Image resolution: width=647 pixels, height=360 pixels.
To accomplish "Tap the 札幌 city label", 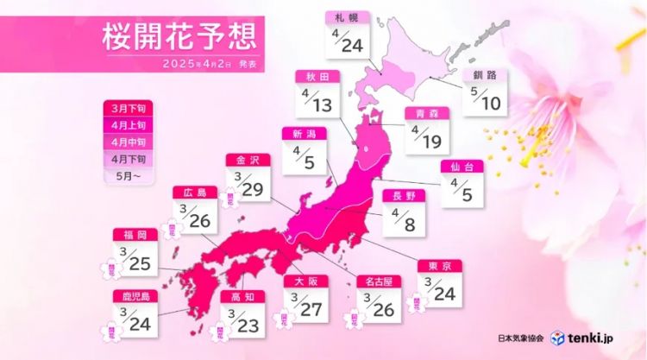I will (350, 16).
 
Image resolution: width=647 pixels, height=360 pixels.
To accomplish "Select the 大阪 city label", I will (306, 280).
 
